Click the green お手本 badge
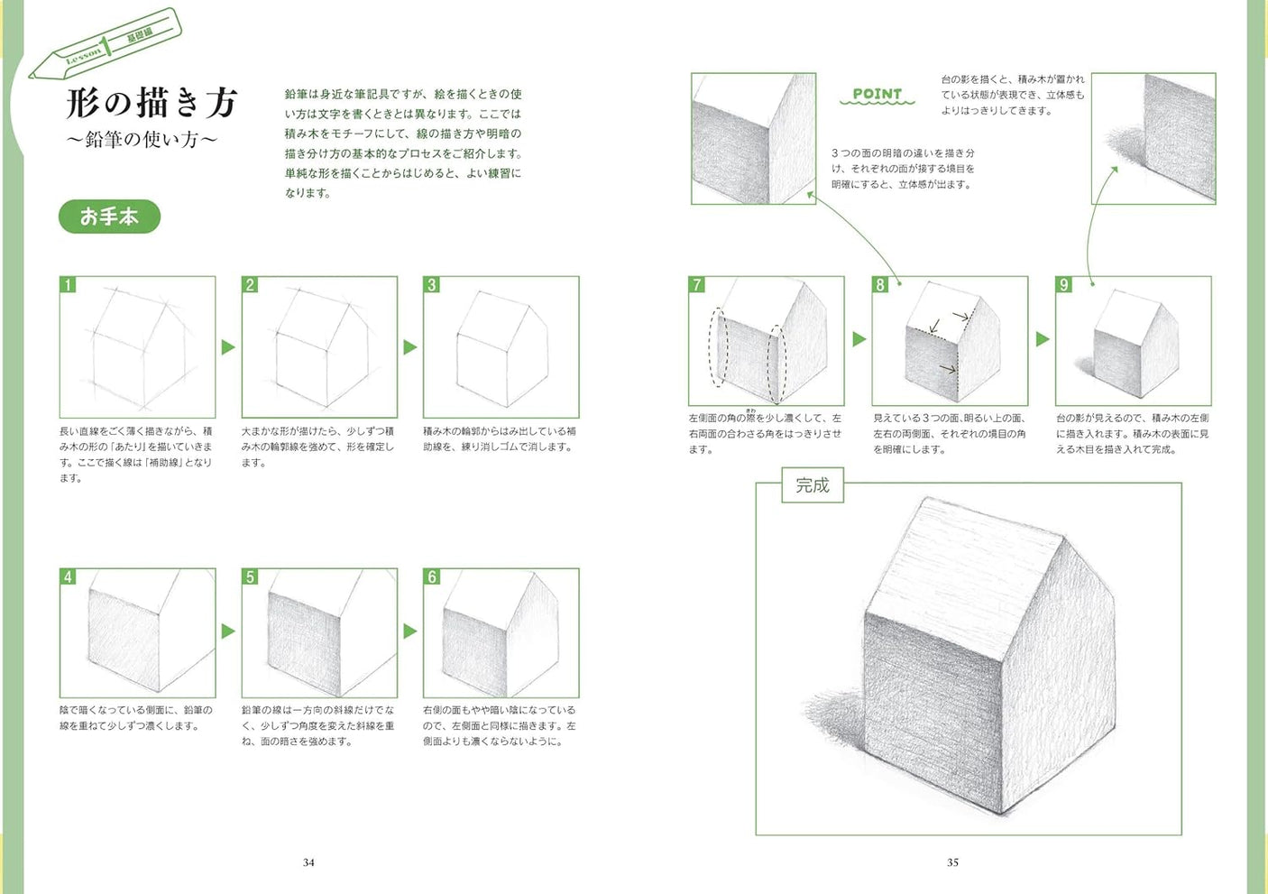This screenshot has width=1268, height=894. (x=109, y=217)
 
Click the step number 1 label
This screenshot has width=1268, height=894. (x=68, y=285)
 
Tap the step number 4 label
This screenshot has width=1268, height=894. (x=68, y=576)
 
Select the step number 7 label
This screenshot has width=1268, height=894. (x=696, y=285)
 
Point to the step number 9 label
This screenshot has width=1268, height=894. (x=1064, y=285)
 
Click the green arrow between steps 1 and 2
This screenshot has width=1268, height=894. (x=228, y=347)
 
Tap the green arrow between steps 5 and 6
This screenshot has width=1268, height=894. (x=410, y=631)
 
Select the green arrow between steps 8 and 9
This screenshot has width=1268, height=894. (x=1043, y=339)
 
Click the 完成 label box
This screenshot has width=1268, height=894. (x=812, y=485)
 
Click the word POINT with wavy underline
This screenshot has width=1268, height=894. (x=877, y=95)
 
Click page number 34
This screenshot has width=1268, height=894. (x=308, y=862)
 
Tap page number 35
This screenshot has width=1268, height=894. (x=952, y=862)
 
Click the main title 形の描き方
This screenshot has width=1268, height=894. (x=152, y=103)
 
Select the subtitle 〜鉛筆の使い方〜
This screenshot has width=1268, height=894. (x=142, y=140)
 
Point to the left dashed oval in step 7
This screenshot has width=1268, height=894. (x=718, y=347)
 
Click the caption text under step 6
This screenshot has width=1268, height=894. (x=500, y=725)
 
